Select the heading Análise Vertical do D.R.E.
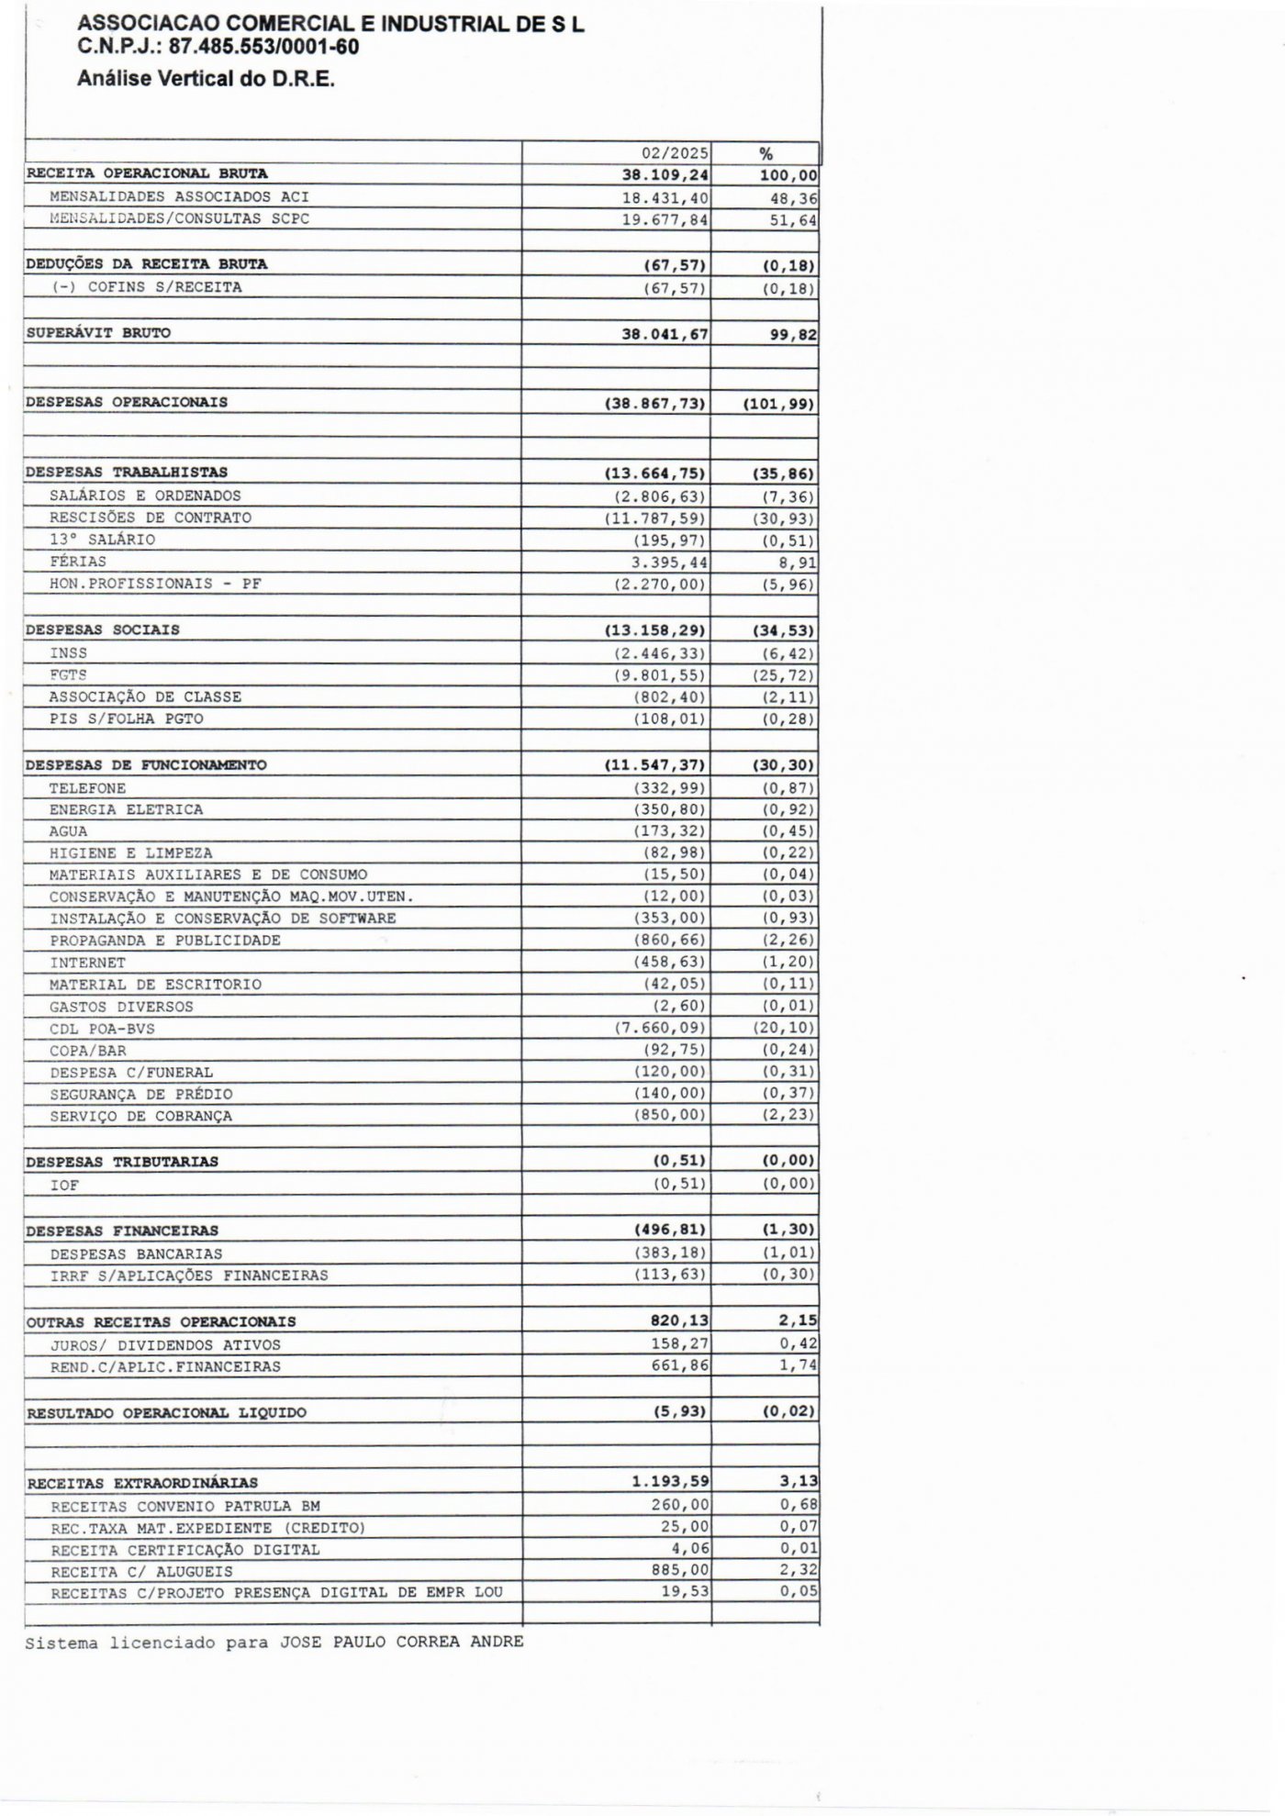(206, 79)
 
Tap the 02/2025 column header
(675, 154)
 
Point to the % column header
(765, 154)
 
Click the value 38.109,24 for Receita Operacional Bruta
(665, 174)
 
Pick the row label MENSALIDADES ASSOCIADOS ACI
(179, 196)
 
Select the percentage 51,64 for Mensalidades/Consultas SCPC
(793, 220)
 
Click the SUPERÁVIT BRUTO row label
(98, 333)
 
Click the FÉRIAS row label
(78, 562)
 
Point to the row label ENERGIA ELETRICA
(127, 809)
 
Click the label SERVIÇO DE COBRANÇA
(141, 1117)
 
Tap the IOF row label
(64, 1186)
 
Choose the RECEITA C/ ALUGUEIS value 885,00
(679, 1571)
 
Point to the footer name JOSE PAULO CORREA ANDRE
(401, 1642)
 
